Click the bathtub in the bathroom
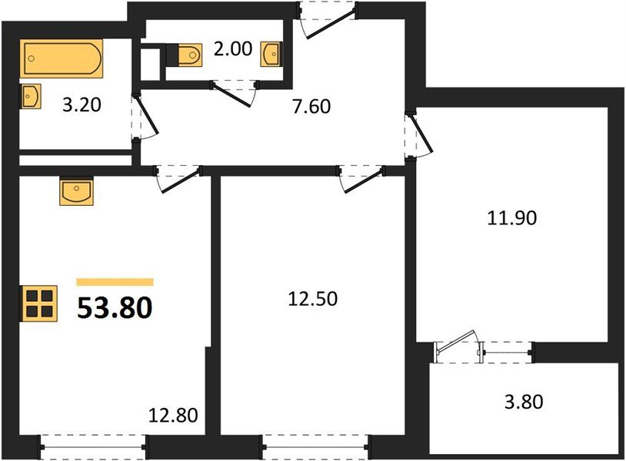62,59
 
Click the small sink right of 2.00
272,54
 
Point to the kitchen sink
76,191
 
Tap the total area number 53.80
115,307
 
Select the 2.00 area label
231,49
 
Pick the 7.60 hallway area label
311,107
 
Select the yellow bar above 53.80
115,282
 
